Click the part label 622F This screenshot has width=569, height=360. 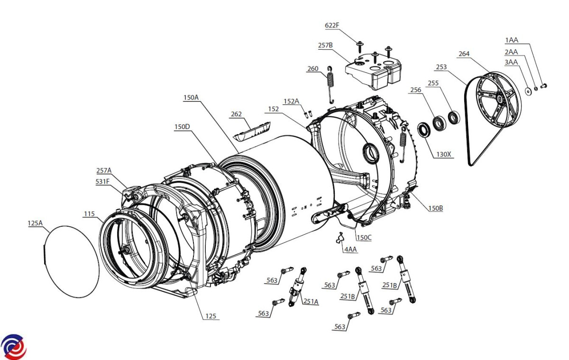[x=332, y=26]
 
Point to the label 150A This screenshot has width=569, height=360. [x=191, y=98]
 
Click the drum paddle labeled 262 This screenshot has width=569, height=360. [x=252, y=131]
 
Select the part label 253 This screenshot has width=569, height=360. [x=441, y=67]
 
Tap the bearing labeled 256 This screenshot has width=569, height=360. [x=439, y=123]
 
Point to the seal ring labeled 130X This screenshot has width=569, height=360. [x=424, y=130]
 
